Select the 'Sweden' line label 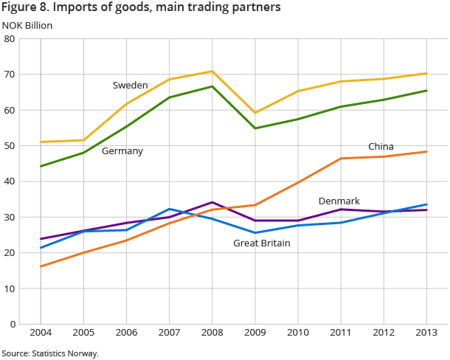(x=130, y=86)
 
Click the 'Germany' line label (x=122, y=151)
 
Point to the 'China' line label (x=381, y=147)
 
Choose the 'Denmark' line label (x=339, y=201)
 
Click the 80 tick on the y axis (x=11, y=39)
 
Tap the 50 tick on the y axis (x=11, y=146)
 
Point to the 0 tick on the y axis (x=13, y=324)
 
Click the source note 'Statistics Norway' (x=49, y=354)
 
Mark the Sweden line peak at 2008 (x=212, y=72)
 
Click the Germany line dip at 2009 (x=255, y=128)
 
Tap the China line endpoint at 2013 (x=426, y=152)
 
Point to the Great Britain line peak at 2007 (x=170, y=209)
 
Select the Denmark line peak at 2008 (x=212, y=202)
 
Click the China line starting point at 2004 (x=41, y=266)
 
